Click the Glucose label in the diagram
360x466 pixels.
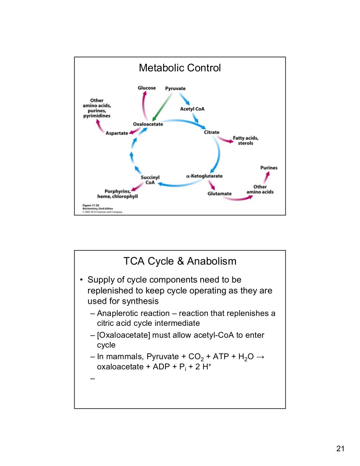pyautogui.click(x=147, y=88)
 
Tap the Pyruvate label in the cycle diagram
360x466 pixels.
pyautogui.click(x=175, y=89)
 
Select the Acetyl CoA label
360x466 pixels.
pyautogui.click(x=192, y=109)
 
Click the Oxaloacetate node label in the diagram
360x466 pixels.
pyautogui.click(x=148, y=124)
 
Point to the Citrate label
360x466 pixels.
pyautogui.click(x=211, y=132)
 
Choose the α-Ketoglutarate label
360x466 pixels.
pyautogui.click(x=204, y=176)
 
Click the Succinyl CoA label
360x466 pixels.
pyautogui.click(x=150, y=180)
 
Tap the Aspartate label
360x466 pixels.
pyautogui.click(x=117, y=133)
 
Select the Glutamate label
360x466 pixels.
pyautogui.click(x=219, y=194)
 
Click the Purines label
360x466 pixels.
pyautogui.click(x=269, y=168)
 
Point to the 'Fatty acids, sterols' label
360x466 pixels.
pyautogui.click(x=245, y=141)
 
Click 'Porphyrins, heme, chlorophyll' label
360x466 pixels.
pyautogui.click(x=117, y=194)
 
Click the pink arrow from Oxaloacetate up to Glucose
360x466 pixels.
pyautogui.click(x=143, y=105)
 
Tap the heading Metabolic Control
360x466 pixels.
pyautogui.click(x=180, y=68)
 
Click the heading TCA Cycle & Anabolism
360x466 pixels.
pyautogui.click(x=180, y=261)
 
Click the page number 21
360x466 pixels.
pyautogui.click(x=340, y=448)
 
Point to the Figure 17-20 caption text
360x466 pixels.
pyautogui.click(x=91, y=205)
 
